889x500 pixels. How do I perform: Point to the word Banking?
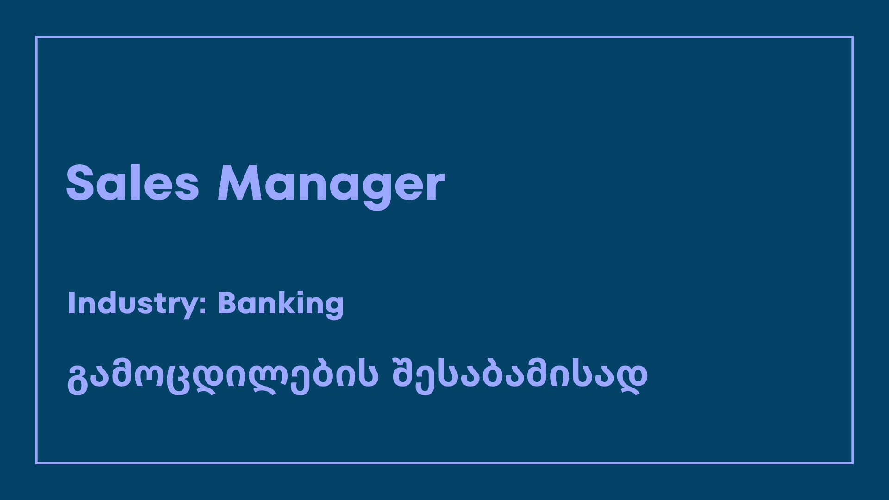(281, 304)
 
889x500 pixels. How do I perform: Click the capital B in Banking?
(227, 303)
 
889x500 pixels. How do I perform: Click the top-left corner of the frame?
(36, 37)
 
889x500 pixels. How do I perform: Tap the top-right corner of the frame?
(852, 37)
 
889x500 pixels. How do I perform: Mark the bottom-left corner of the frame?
(36, 462)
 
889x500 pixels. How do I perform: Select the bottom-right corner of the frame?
(852, 462)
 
